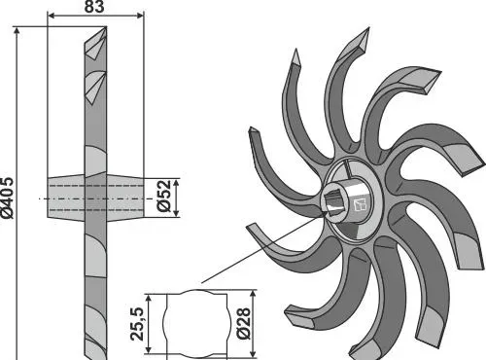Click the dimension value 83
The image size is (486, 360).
94,7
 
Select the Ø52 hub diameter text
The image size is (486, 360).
163,196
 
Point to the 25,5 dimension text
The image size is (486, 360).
137,324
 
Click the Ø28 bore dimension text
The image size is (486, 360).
244,323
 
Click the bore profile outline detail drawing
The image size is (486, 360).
196,324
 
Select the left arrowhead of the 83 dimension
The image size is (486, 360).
52,16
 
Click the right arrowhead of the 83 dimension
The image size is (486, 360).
140,16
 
